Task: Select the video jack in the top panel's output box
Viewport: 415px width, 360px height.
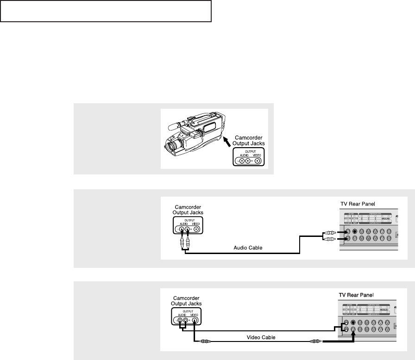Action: (x=257, y=161)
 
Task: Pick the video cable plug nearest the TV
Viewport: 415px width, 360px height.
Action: (x=314, y=342)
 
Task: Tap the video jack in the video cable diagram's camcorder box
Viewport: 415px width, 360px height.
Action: (x=195, y=319)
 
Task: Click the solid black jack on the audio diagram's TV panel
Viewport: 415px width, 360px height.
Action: (x=354, y=231)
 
